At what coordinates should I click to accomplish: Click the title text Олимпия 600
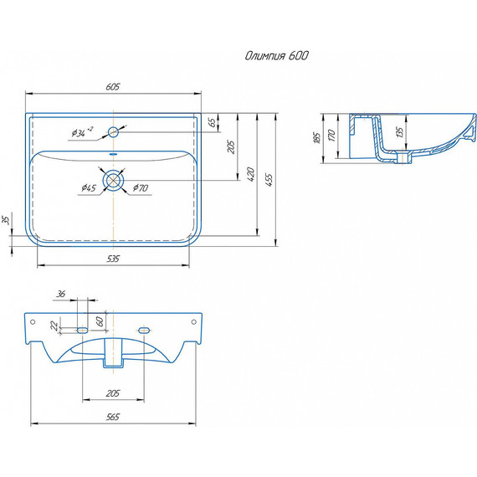276,56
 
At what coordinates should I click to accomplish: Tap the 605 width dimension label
113,87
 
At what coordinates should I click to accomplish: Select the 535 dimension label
113,259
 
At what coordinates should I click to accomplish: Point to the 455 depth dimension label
269,179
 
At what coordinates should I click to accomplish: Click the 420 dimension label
250,174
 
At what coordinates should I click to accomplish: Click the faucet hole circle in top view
113,132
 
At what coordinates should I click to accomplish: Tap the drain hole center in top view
113,180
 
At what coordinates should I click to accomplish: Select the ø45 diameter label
89,187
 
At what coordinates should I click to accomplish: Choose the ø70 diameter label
141,187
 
